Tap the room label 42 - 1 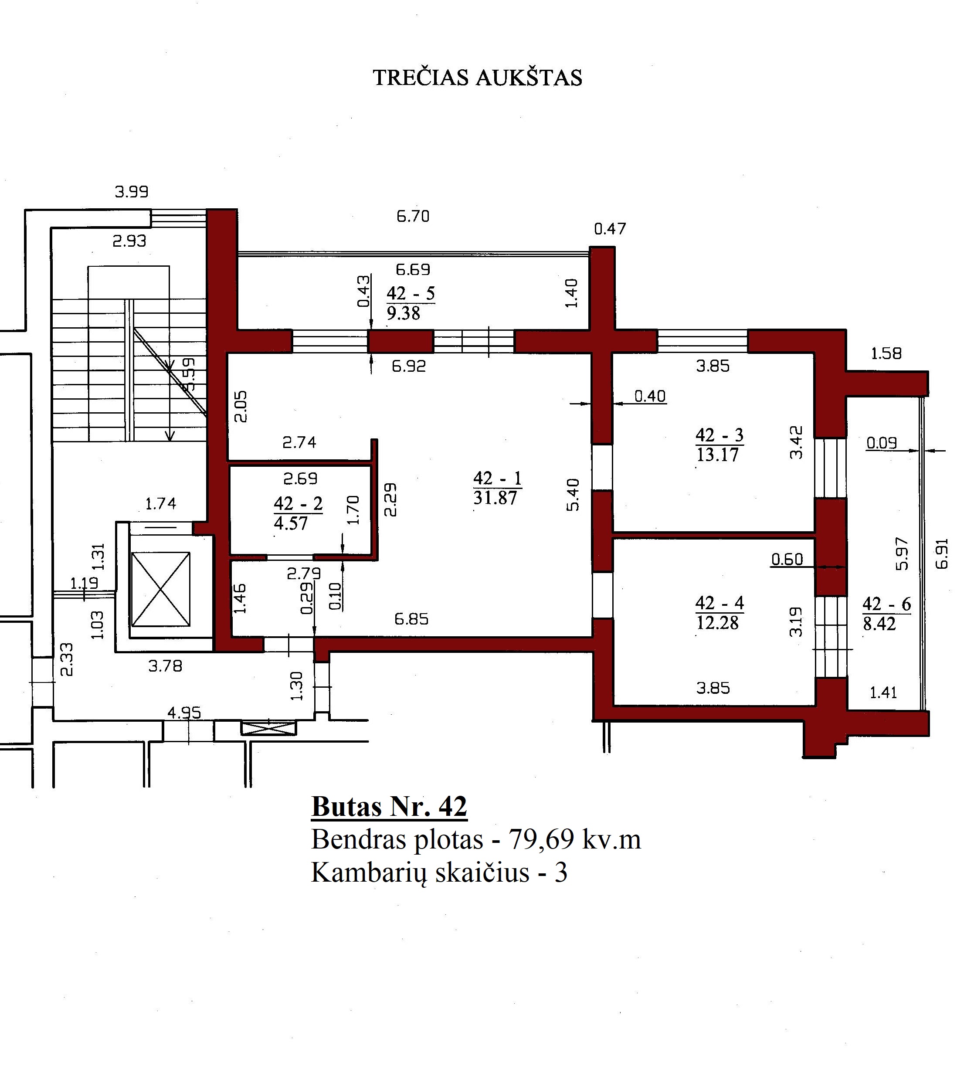pos(497,478)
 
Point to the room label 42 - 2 pos(298,504)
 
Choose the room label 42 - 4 pos(719,603)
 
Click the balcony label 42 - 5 pos(411,293)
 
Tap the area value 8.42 pos(879,624)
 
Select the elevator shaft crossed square pos(160,589)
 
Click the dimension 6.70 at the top pos(413,216)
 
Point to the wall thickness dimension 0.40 pos(650,396)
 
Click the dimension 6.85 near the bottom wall pos(411,619)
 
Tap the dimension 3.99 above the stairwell pos(132,191)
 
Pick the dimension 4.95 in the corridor pos(184,713)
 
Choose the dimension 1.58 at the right pos(886,353)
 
